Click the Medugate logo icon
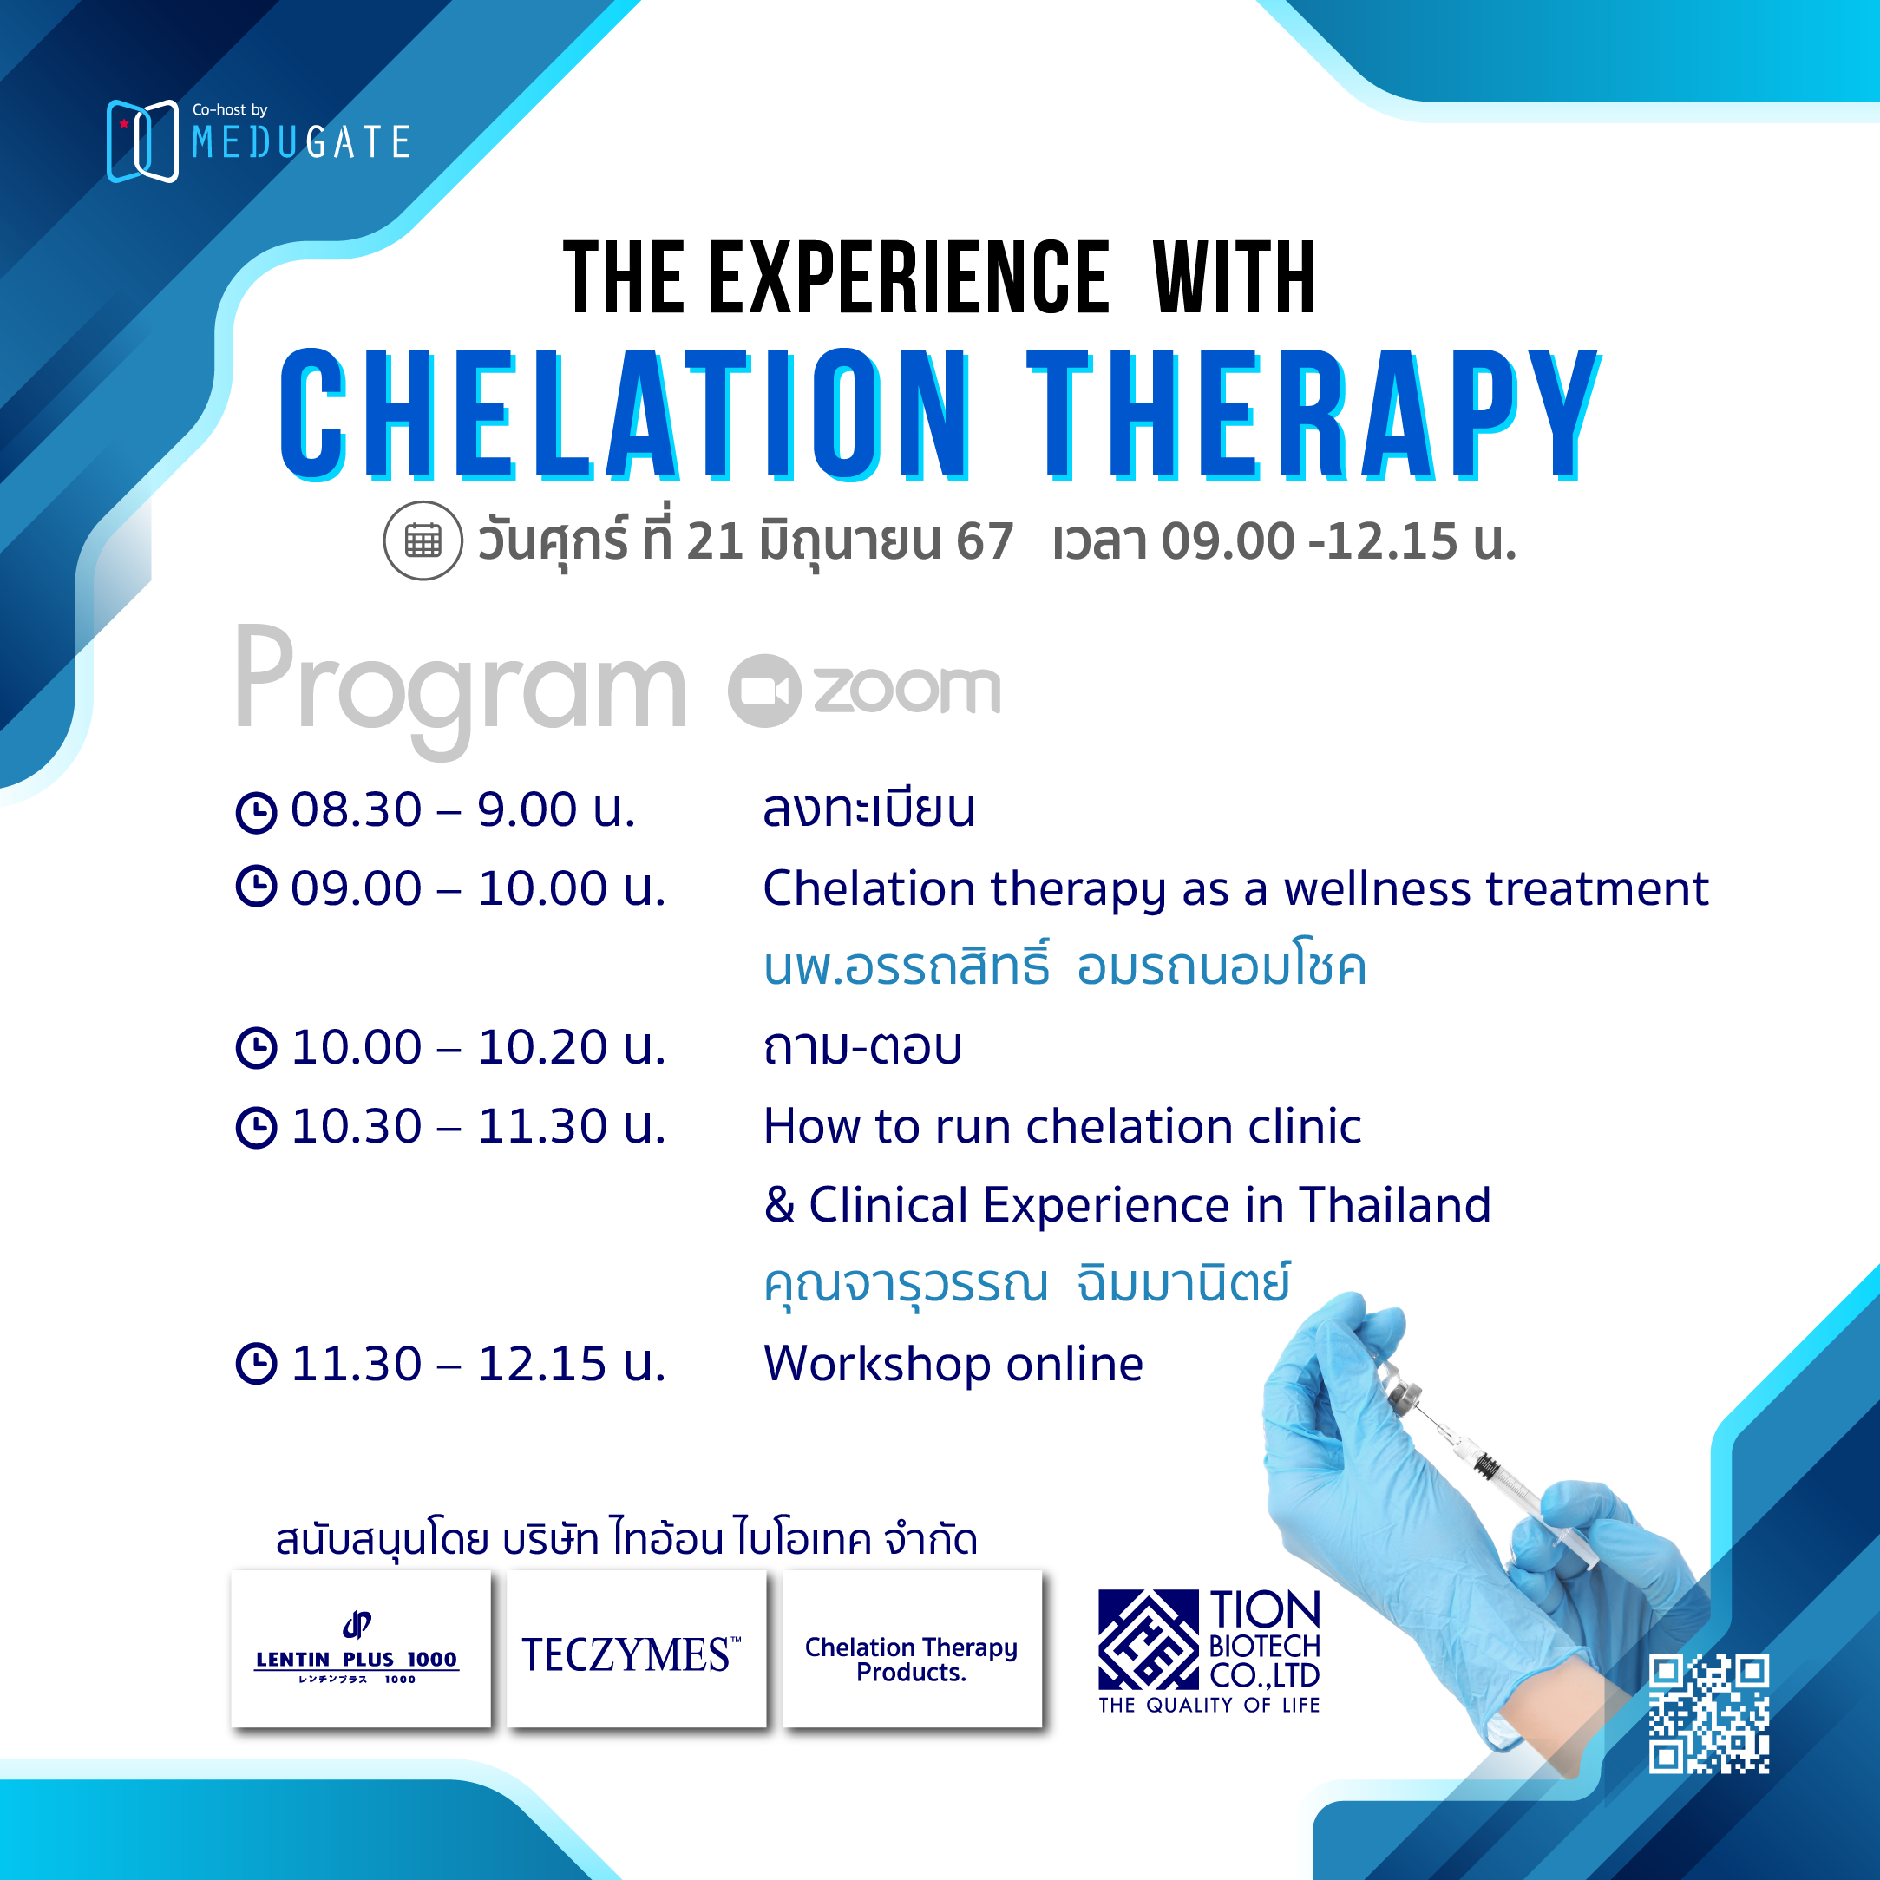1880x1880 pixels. click(x=142, y=141)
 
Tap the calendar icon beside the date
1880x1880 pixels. click(x=423, y=541)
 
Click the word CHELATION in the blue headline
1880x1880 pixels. click(x=625, y=415)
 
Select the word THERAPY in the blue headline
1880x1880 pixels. click(x=1313, y=415)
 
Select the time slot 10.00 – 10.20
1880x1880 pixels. click(x=478, y=1047)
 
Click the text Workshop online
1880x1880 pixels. click(x=953, y=1363)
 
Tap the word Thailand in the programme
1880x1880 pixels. click(x=1394, y=1205)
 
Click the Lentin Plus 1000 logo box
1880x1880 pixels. click(x=361, y=1647)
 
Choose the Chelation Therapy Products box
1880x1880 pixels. click(x=912, y=1647)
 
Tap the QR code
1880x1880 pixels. click(x=1709, y=1713)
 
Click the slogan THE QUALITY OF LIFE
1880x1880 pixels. click(x=1209, y=1705)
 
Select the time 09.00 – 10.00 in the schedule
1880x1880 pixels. click(x=478, y=888)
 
